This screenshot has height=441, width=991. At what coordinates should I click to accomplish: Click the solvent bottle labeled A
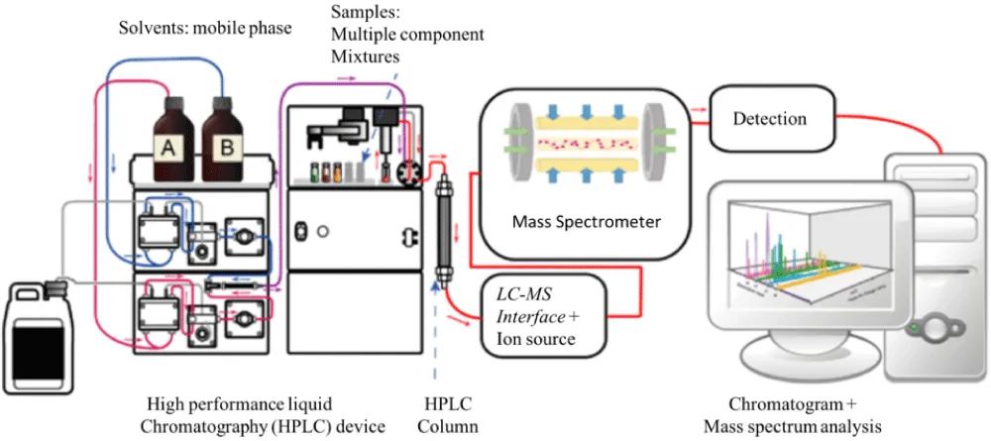pos(170,137)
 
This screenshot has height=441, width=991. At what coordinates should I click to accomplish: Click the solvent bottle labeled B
pos(223,137)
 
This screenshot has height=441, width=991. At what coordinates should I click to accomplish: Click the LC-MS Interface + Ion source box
pos(539,314)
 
